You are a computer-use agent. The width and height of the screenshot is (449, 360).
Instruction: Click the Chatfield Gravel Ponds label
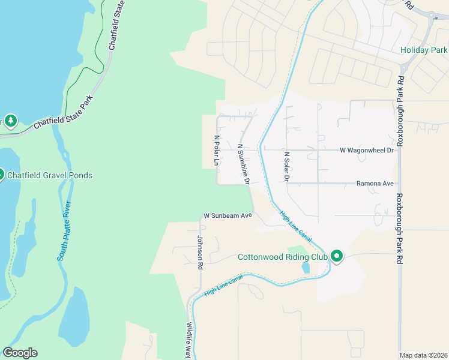click(50, 175)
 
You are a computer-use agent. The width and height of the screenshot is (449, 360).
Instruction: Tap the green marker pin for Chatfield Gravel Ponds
click(1, 175)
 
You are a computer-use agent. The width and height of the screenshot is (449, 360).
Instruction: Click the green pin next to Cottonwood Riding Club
click(337, 257)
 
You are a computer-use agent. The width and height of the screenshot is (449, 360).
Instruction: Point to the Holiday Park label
click(424, 50)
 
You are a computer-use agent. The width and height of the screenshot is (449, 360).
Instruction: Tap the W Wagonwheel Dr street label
click(366, 150)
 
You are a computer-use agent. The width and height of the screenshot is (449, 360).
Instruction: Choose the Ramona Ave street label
click(375, 184)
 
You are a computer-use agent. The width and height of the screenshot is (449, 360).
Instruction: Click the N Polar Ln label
click(217, 151)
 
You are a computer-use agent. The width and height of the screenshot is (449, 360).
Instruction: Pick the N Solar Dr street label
click(287, 166)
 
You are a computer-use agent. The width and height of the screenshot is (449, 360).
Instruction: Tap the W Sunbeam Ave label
click(227, 215)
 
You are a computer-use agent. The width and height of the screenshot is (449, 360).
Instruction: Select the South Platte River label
click(65, 230)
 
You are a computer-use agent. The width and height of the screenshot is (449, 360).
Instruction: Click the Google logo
click(20, 353)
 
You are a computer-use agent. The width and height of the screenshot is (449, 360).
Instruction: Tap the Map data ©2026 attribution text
click(423, 355)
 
